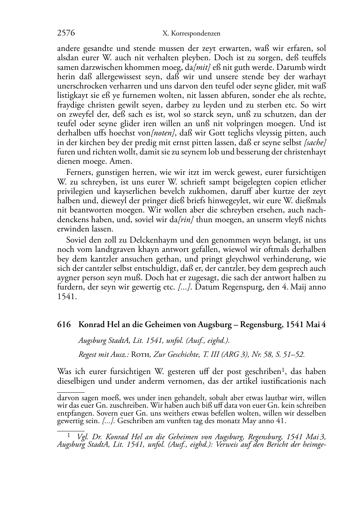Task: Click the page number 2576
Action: tap(66, 34)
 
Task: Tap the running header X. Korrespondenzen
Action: tap(191, 34)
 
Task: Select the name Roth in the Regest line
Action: tap(141, 355)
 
